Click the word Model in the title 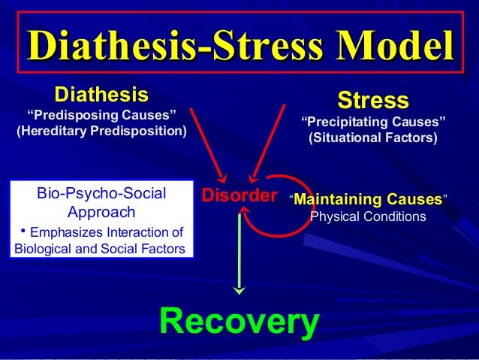(390, 44)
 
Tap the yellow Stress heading (373, 100)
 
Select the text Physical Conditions (368, 217)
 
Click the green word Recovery (239, 321)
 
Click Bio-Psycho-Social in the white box (101, 194)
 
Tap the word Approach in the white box (101, 212)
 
